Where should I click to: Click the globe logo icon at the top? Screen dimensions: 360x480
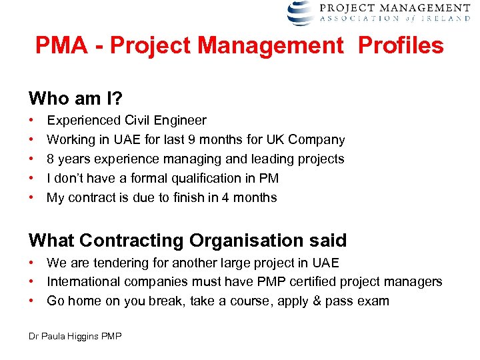[x=300, y=12]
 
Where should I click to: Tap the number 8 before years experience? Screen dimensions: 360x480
[x=50, y=159]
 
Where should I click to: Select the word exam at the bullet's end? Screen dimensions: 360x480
[x=374, y=301]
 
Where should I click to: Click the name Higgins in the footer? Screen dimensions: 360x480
[x=85, y=337]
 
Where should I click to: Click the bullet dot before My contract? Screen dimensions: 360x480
[x=32, y=197]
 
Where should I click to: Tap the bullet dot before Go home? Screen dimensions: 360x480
[x=32, y=301]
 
